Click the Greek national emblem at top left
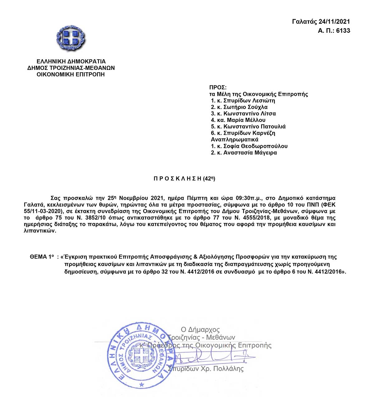[71, 38]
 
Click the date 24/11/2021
[334, 22]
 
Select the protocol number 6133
[343, 31]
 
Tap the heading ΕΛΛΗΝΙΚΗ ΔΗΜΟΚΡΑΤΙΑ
[71, 61]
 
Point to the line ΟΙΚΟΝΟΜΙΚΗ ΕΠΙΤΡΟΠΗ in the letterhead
[71, 75]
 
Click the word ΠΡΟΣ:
[218, 88]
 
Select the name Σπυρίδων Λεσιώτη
[249, 101]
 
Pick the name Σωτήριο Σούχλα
[245, 107]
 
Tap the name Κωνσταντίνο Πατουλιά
[254, 127]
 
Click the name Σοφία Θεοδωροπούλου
[255, 146]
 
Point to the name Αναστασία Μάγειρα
[250, 153]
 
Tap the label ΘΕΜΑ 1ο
[42, 257]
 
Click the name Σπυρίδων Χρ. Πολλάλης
[206, 369]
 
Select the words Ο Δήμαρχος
[200, 329]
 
